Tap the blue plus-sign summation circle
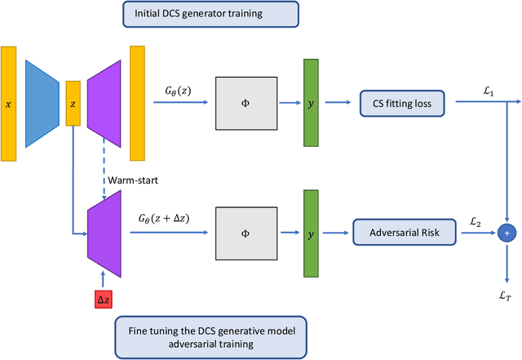pyautogui.click(x=507, y=233)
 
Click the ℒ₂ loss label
pyautogui.click(x=476, y=222)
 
